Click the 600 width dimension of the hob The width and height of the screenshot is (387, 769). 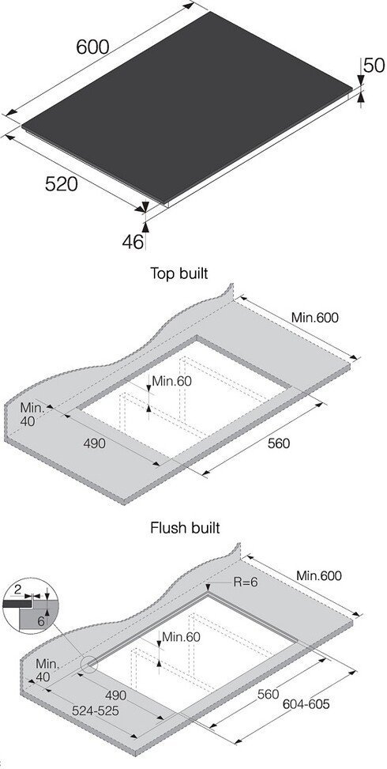coord(92,47)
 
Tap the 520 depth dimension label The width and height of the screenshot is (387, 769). coord(62,184)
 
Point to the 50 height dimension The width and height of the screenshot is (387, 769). coord(374,66)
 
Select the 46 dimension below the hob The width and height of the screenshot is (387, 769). coord(133,242)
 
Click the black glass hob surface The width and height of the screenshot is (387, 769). coord(186,105)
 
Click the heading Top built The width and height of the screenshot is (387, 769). coord(178,273)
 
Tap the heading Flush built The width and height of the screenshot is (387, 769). coord(185,528)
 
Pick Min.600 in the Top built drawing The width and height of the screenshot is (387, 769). coord(315,318)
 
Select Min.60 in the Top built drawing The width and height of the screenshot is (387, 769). coord(171,381)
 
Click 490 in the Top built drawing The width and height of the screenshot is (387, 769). coord(95,443)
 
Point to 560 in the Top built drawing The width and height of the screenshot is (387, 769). coord(279,443)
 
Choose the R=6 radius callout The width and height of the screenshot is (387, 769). coord(246,582)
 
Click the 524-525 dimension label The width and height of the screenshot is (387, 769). coord(96,711)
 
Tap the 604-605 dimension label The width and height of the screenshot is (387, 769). coord(306,704)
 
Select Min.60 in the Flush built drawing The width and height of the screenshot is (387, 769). coord(181,637)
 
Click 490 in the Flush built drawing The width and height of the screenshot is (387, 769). coord(115,695)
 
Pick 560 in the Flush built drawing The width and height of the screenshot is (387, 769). coord(268,695)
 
